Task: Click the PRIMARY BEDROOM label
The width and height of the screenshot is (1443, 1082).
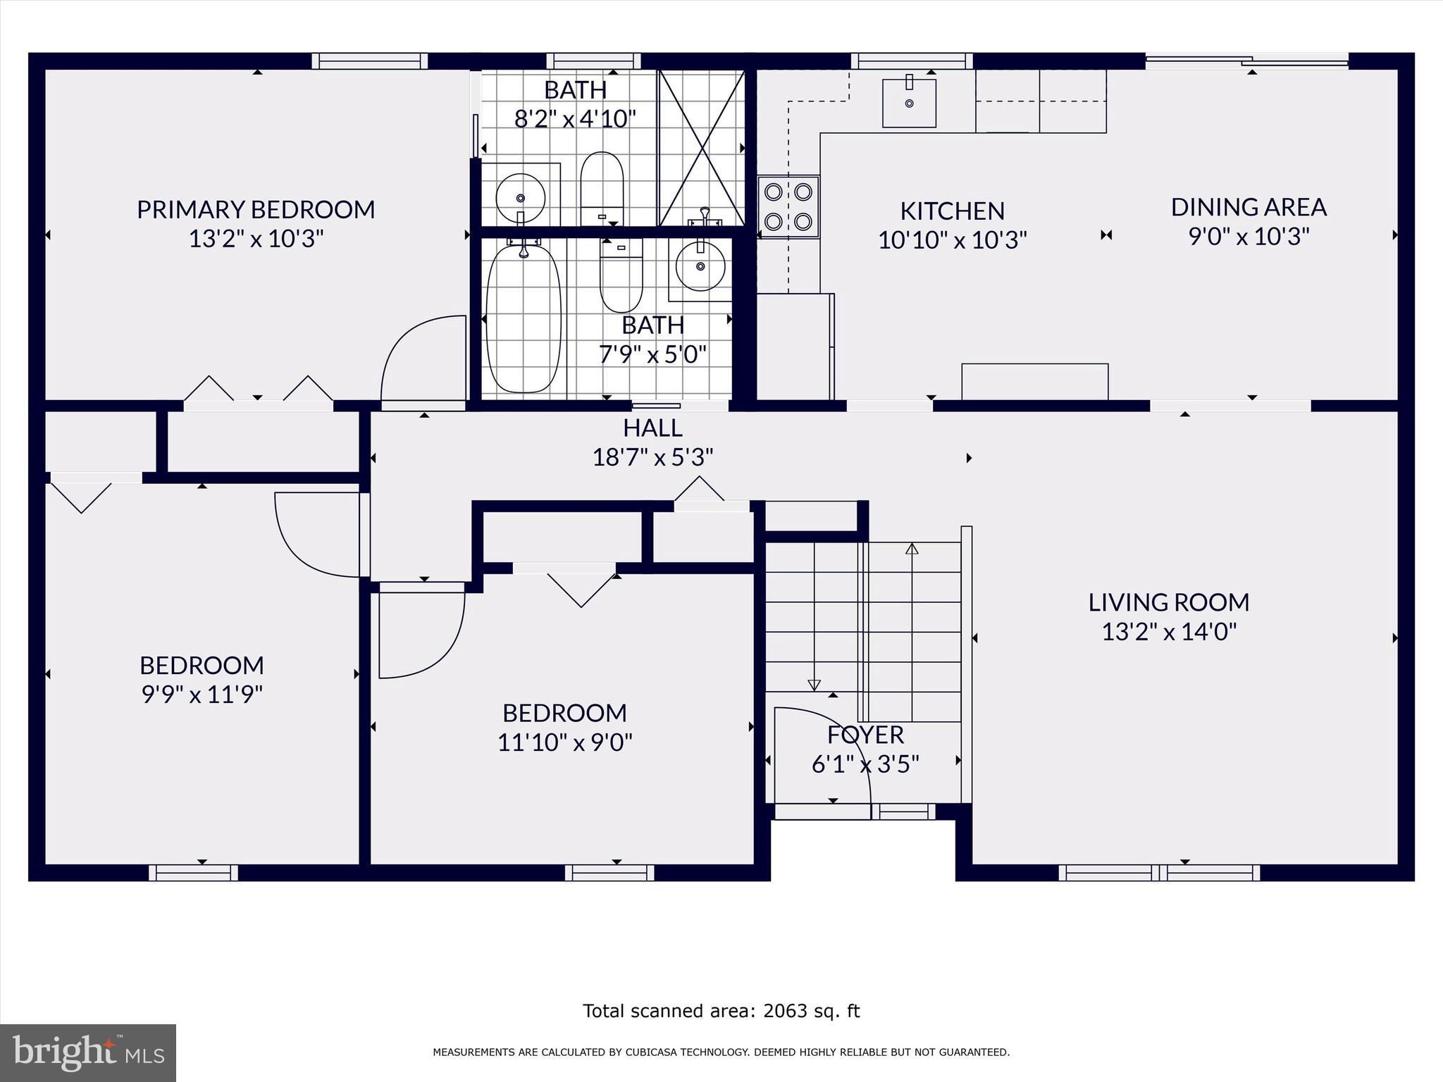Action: point(256,209)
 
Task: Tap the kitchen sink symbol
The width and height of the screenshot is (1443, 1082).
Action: point(909,103)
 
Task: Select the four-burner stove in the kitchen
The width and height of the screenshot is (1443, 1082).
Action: point(788,206)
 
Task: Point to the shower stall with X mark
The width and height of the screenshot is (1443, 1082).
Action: point(702,148)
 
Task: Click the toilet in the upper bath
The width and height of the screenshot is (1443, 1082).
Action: point(602,187)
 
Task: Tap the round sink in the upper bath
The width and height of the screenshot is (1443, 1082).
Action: point(521,198)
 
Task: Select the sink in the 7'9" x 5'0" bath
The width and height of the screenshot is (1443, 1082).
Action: point(700,267)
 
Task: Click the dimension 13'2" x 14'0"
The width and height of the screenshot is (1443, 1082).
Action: point(1169,632)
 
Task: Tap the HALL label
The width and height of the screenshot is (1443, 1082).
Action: point(652,428)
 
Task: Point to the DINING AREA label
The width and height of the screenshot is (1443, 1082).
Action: point(1249,207)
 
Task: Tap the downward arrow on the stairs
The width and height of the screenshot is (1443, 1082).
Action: point(814,684)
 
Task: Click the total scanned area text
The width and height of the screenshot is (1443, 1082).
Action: point(721,1011)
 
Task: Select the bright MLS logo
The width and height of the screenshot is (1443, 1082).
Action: point(88,1052)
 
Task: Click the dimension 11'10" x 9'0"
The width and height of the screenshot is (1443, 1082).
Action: point(565,742)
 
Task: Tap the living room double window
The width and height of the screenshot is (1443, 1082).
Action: point(1159,873)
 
